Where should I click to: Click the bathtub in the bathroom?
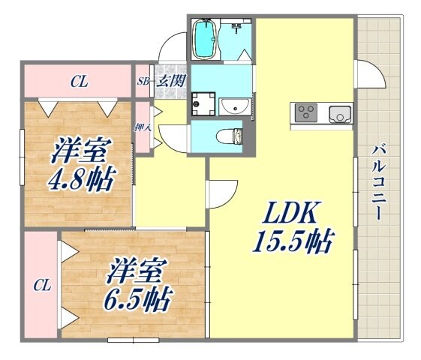[204, 39]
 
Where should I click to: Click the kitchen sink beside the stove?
[339, 114]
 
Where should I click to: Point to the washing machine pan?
[202, 104]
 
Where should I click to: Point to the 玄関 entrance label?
[170, 82]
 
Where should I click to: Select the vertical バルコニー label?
[380, 181]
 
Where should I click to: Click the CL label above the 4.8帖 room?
[78, 82]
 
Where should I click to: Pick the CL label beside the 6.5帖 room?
[41, 285]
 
